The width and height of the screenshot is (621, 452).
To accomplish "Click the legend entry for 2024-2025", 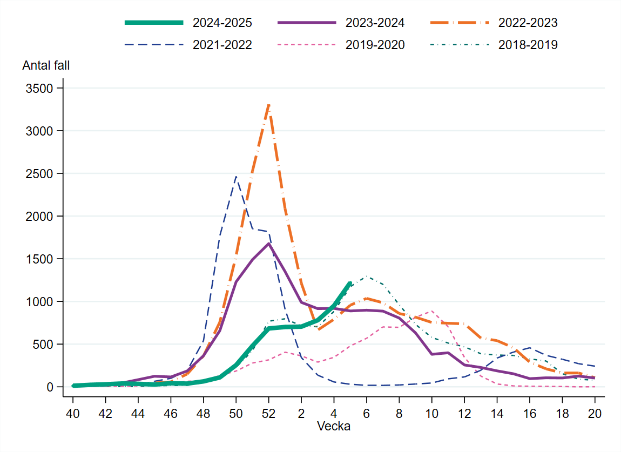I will (222, 23).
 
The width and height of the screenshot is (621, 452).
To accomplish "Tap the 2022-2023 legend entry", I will (528, 23).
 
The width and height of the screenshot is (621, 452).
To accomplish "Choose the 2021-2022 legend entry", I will (222, 45).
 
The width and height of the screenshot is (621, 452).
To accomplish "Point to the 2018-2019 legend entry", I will (528, 45).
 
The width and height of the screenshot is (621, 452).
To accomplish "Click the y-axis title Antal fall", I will (46, 65).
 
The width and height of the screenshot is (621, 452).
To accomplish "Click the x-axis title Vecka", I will (333, 427).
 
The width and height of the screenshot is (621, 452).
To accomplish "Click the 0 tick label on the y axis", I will (50, 387).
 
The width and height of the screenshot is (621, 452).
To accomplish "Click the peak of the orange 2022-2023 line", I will (269, 104).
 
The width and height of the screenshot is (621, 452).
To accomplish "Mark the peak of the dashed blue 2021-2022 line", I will (236, 176).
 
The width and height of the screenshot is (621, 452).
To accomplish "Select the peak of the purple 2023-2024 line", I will (268, 244).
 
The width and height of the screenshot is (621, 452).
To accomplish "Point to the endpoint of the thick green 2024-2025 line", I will (350, 283).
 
